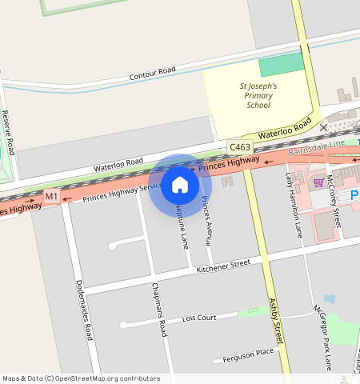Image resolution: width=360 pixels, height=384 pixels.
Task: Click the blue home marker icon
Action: [180, 186]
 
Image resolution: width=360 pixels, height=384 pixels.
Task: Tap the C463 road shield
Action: [239, 148]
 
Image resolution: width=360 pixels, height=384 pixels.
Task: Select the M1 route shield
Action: [51, 197]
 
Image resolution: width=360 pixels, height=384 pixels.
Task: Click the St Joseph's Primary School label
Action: [258, 95]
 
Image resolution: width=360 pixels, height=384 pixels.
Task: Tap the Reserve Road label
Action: [9, 132]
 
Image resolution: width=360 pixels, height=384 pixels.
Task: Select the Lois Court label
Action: [199, 318]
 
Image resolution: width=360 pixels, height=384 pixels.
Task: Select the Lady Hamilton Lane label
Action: [294, 207]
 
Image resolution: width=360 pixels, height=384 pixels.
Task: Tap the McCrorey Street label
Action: [337, 204]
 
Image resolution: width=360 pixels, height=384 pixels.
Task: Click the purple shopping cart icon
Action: [318, 182]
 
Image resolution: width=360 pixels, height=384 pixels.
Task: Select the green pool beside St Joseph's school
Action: [281, 66]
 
